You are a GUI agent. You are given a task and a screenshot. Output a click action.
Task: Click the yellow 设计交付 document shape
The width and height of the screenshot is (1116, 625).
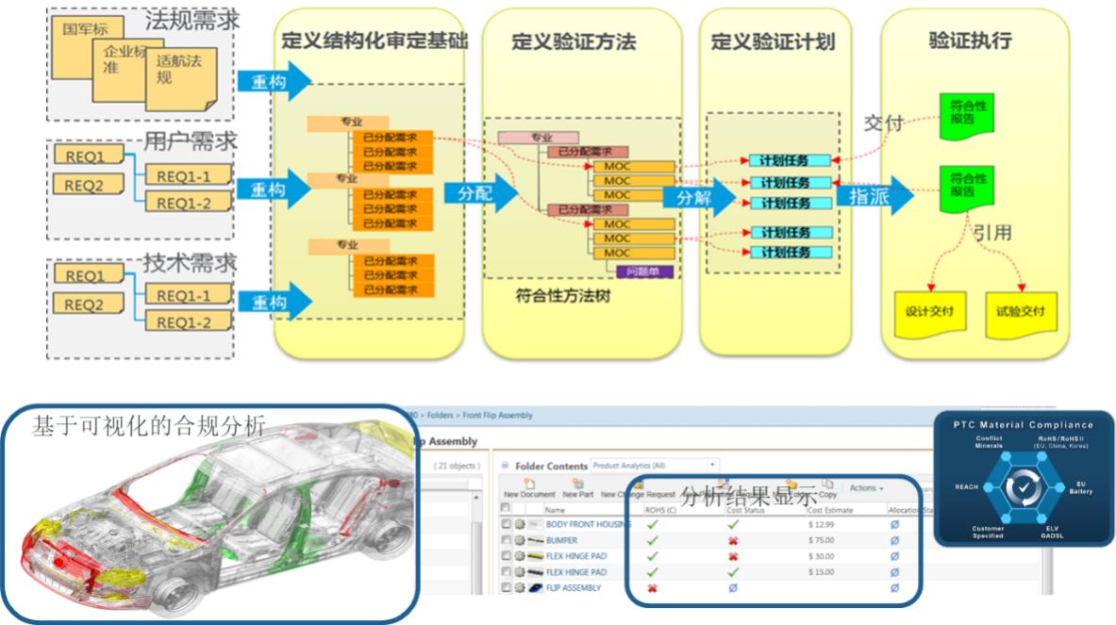coord(929,312)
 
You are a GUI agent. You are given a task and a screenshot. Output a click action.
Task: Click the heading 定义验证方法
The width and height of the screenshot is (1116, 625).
coord(574,42)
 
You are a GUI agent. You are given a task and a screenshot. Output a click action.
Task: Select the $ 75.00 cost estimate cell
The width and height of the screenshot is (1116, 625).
coord(823,540)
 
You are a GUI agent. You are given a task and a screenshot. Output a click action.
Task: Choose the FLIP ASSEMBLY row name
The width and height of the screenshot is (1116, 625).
coord(573,588)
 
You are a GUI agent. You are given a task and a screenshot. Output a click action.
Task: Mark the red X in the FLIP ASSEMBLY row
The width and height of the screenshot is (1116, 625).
coord(651,588)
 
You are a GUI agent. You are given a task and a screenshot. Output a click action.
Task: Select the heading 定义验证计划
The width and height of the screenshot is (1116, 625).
coord(773,42)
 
